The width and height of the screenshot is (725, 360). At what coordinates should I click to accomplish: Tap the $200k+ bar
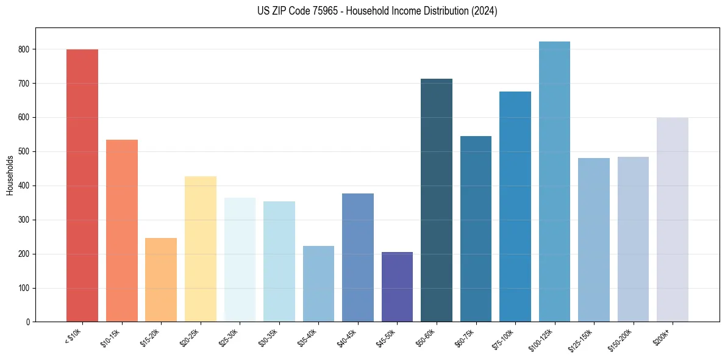pos(672,220)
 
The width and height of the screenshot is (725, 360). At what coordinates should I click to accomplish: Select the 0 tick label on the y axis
pos(29,322)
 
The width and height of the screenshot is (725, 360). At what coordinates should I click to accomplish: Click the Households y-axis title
pos(10,175)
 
